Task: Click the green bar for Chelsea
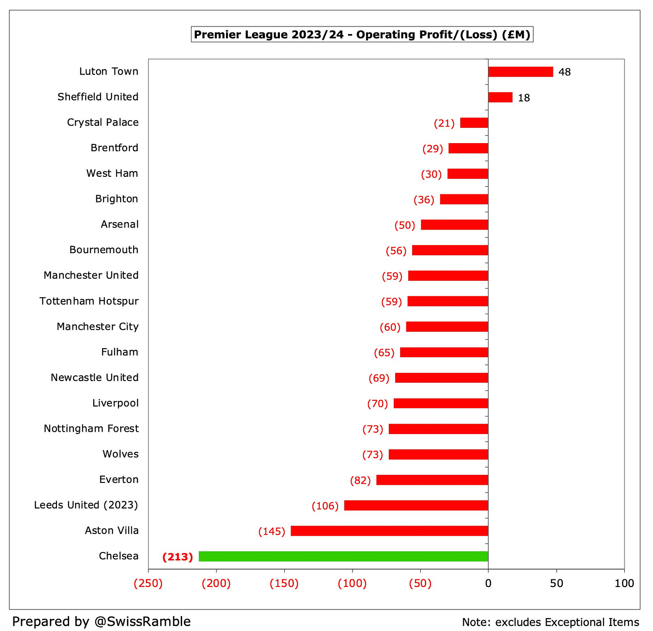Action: click(343, 556)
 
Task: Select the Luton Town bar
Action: click(520, 72)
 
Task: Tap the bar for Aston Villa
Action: click(389, 531)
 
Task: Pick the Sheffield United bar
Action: click(500, 97)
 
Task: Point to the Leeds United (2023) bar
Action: click(416, 505)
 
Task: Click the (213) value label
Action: click(178, 557)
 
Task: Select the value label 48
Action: click(564, 72)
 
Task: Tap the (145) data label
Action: click(272, 531)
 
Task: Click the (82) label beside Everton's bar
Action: click(361, 481)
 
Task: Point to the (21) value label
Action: click(444, 123)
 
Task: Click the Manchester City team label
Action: click(97, 327)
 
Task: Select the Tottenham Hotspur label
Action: click(89, 301)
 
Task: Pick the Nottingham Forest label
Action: click(91, 429)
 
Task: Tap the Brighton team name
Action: click(117, 199)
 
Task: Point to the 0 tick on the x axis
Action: click(488, 583)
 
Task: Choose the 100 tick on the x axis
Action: click(624, 583)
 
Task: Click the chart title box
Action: click(362, 35)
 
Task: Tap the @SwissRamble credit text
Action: click(101, 622)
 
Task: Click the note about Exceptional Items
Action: click(550, 622)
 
